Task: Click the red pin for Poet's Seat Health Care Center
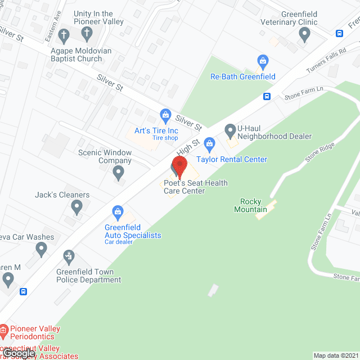point(179,166)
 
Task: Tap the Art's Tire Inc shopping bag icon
point(165,116)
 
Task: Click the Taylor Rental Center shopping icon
point(210,143)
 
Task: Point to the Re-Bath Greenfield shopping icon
point(262,60)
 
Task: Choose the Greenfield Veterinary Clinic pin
point(305,35)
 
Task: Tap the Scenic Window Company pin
point(118,172)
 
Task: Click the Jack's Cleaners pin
point(77,208)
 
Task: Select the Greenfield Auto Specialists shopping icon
point(118,211)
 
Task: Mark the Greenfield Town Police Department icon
point(69,257)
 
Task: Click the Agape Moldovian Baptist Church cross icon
point(64,35)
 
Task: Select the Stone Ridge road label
point(319,152)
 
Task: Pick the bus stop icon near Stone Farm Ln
point(267,96)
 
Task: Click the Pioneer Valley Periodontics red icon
point(4,328)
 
